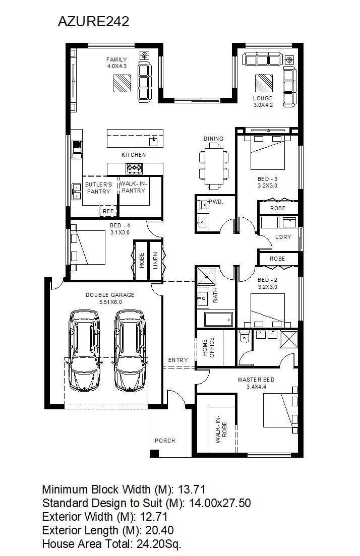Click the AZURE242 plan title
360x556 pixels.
point(93,22)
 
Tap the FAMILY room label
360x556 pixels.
point(116,59)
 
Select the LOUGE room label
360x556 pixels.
point(263,98)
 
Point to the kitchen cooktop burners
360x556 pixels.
point(134,168)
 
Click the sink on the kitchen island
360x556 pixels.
point(153,141)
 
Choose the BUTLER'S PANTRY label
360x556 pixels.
point(99,188)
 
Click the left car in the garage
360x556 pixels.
point(85,351)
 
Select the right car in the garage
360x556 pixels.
point(130,351)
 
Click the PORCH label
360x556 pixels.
point(165,441)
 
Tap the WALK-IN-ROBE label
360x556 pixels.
point(221,429)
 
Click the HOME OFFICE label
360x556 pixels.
point(209,347)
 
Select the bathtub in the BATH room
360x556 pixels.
point(219,320)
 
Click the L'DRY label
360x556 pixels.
point(283,237)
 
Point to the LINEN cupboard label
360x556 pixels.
point(155,261)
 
